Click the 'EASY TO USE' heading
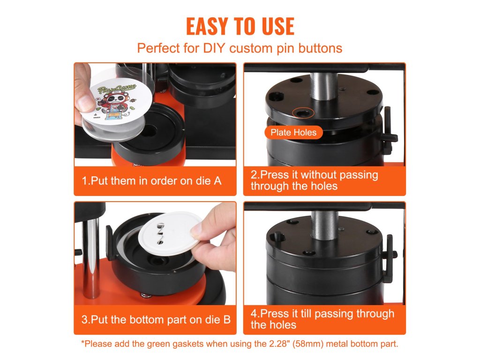pyautogui.click(x=240, y=26)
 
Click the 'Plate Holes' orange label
pyautogui.click(x=293, y=133)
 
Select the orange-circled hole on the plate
pyautogui.click(x=302, y=113)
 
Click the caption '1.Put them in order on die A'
pyautogui.click(x=151, y=181)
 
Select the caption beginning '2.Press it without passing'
pyautogui.click(x=315, y=180)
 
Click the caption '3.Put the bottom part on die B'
pyautogui.click(x=156, y=320)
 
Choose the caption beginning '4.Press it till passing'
pyautogui.click(x=322, y=319)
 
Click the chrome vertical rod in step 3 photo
pyautogui.click(x=91, y=258)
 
